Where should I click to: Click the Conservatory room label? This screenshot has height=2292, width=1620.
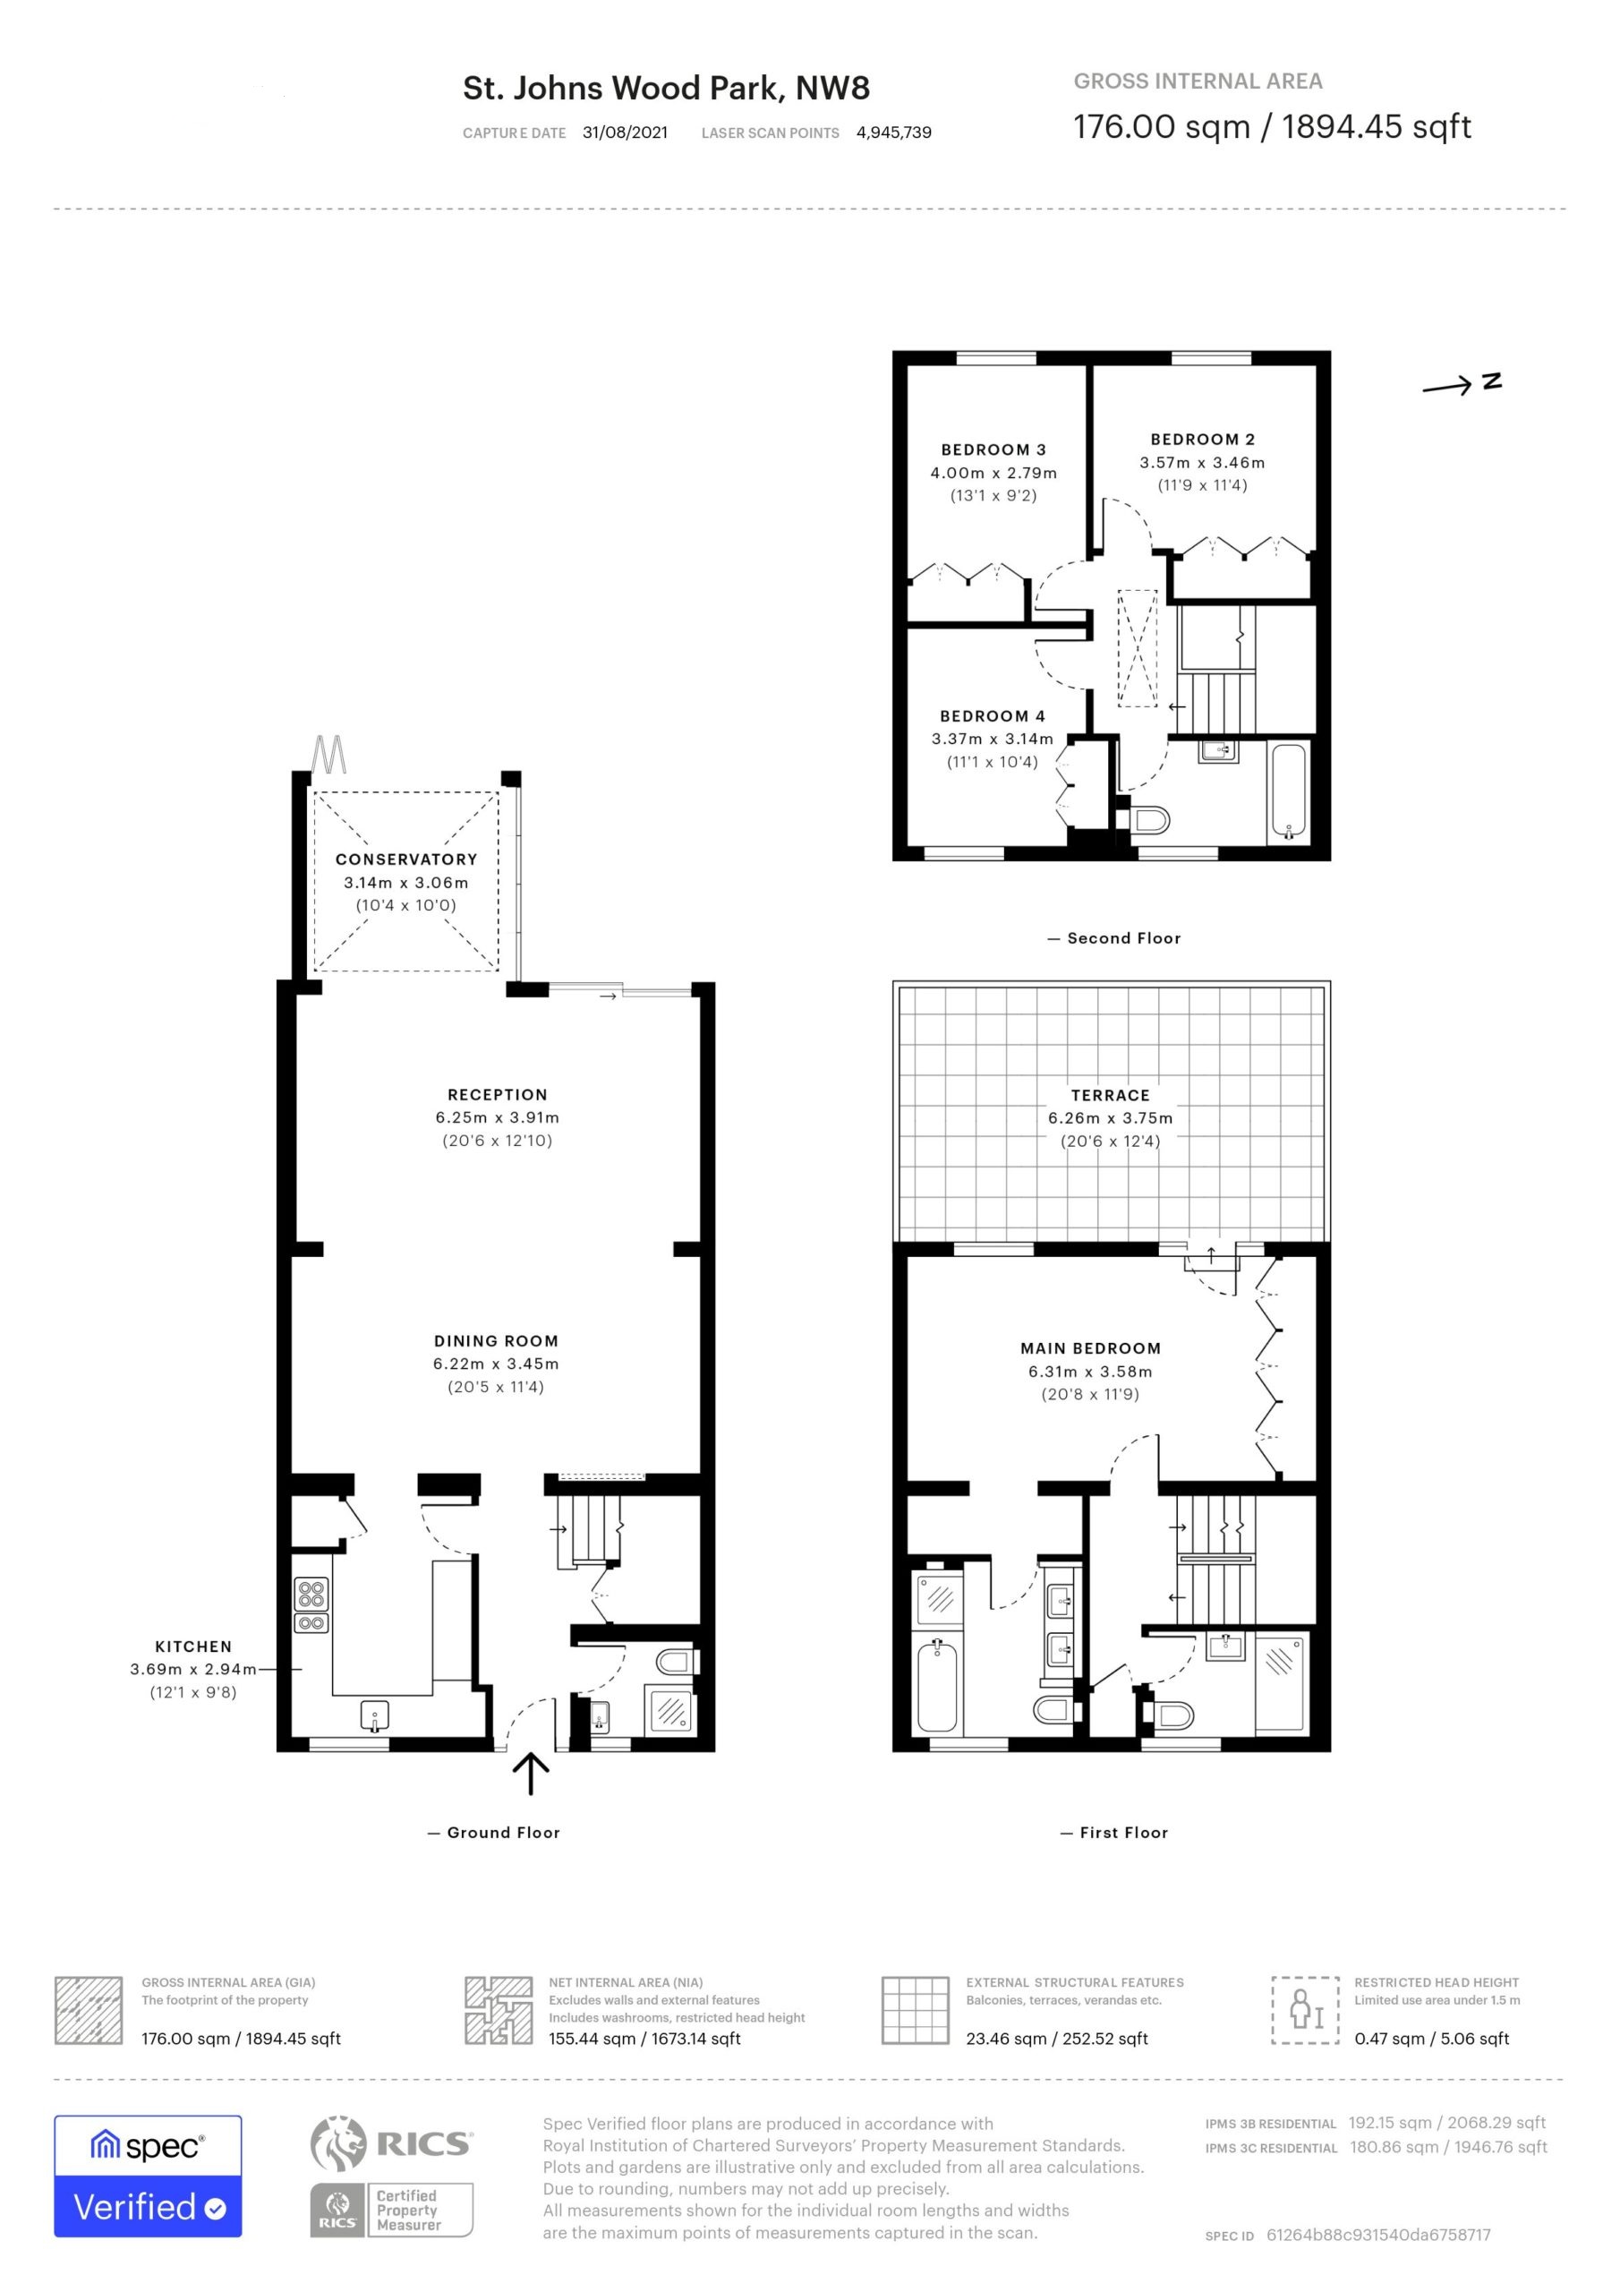pyautogui.click(x=406, y=859)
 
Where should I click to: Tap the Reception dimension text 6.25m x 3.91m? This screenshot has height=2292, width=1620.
pyautogui.click(x=497, y=1118)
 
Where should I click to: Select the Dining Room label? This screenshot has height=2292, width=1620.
pyautogui.click(x=496, y=1342)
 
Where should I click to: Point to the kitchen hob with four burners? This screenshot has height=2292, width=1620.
pyautogui.click(x=311, y=1605)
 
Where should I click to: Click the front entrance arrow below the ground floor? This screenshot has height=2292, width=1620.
pyautogui.click(x=530, y=1775)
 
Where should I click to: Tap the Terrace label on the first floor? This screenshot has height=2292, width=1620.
pyautogui.click(x=1110, y=1095)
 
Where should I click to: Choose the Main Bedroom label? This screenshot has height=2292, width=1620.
pyautogui.click(x=1090, y=1348)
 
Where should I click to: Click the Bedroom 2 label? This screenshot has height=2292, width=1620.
pyautogui.click(x=1203, y=440)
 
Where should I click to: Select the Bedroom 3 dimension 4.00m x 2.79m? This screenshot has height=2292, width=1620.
pyautogui.click(x=993, y=474)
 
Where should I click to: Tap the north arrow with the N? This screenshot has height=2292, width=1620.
pyautogui.click(x=1462, y=384)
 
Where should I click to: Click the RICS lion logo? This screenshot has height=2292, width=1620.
pyautogui.click(x=338, y=2143)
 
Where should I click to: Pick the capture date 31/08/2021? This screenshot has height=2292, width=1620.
pyautogui.click(x=626, y=133)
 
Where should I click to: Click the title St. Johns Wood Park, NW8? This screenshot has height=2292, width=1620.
pyautogui.click(x=666, y=89)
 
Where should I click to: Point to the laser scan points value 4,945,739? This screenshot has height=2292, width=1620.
pyautogui.click(x=893, y=133)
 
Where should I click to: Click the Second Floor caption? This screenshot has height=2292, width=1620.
pyautogui.click(x=1124, y=938)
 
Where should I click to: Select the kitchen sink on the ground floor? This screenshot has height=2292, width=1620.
pyautogui.click(x=374, y=1717)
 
